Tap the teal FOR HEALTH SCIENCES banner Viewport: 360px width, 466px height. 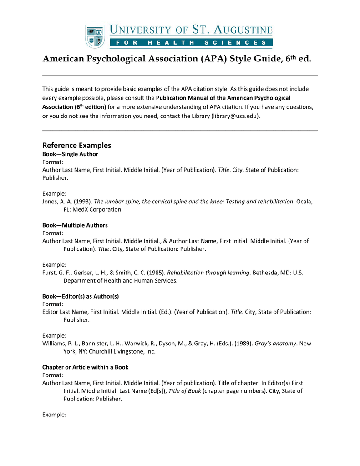(x=191, y=43)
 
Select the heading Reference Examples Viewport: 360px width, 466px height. (x=76, y=146)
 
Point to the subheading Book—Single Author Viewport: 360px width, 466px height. (x=70, y=154)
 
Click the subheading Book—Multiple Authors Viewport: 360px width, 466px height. (x=75, y=225)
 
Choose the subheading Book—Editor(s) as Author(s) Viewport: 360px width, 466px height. (x=81, y=296)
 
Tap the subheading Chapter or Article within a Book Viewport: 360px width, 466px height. (x=85, y=367)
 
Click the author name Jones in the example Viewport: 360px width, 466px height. (x=50, y=202)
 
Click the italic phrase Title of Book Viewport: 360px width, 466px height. (x=184, y=391)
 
